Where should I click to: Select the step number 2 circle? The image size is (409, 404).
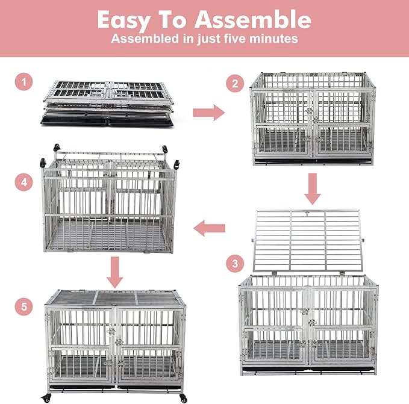(x=234, y=84)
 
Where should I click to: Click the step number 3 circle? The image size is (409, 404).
(x=234, y=263)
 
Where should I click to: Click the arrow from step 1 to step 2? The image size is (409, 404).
(x=208, y=111)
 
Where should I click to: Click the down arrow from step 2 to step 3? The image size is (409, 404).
(x=311, y=189)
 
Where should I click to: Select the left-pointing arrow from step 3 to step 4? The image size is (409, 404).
(x=209, y=228)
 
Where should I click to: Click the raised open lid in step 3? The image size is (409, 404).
(x=307, y=240)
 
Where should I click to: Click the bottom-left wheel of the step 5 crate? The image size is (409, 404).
(x=48, y=397)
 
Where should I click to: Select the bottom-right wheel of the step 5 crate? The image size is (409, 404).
(x=183, y=398)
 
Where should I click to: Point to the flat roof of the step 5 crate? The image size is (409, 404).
(x=114, y=298)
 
